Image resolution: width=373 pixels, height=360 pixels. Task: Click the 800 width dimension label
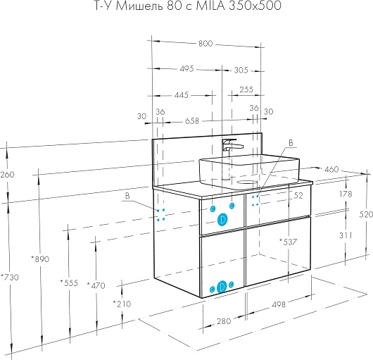tap(206, 44)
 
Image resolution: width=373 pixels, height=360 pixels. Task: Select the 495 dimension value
tap(186, 69)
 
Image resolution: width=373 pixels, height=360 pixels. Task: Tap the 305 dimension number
tap(241, 70)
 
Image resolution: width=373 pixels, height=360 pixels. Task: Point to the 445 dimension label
tap(182, 95)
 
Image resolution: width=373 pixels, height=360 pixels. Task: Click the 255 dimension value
tap(246, 89)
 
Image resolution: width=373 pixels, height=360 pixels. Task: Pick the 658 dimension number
tap(191, 121)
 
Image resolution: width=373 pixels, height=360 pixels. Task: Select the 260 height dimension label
tap(7, 175)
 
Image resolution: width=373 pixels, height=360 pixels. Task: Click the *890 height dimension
tap(40, 259)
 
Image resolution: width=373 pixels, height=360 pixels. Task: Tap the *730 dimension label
tap(10, 277)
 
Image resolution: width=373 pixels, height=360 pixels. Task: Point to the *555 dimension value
tap(69, 283)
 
